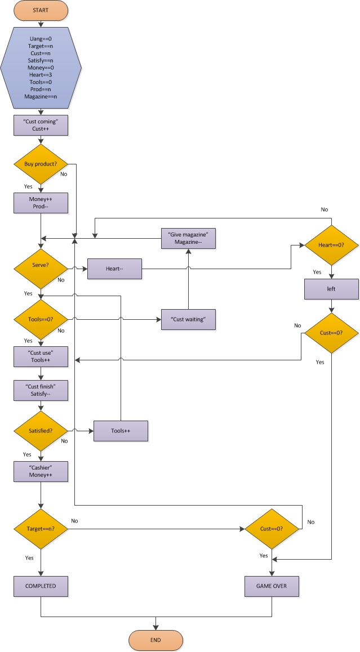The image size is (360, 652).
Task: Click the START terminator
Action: (x=41, y=10)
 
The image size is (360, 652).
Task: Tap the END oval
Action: (x=156, y=640)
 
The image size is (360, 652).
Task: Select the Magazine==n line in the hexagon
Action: (x=41, y=97)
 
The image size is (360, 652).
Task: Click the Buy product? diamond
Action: (x=41, y=164)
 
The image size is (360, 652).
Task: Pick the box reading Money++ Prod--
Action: (x=41, y=203)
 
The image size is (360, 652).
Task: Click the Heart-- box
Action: (x=115, y=269)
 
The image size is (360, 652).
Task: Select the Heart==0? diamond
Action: (x=331, y=245)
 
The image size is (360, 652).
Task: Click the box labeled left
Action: (x=331, y=289)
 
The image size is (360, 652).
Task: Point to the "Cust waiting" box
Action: (x=188, y=319)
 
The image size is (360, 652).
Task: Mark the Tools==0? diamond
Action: (x=41, y=319)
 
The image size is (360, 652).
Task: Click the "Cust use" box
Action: (x=41, y=356)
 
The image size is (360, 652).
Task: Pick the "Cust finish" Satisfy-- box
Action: (x=41, y=391)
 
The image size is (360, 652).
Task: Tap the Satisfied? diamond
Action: (x=41, y=431)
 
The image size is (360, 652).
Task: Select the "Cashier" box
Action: (x=41, y=472)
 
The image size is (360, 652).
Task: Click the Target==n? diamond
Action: (x=41, y=529)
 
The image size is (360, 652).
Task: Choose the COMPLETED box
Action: (x=41, y=586)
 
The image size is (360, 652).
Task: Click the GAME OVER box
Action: (x=272, y=586)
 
